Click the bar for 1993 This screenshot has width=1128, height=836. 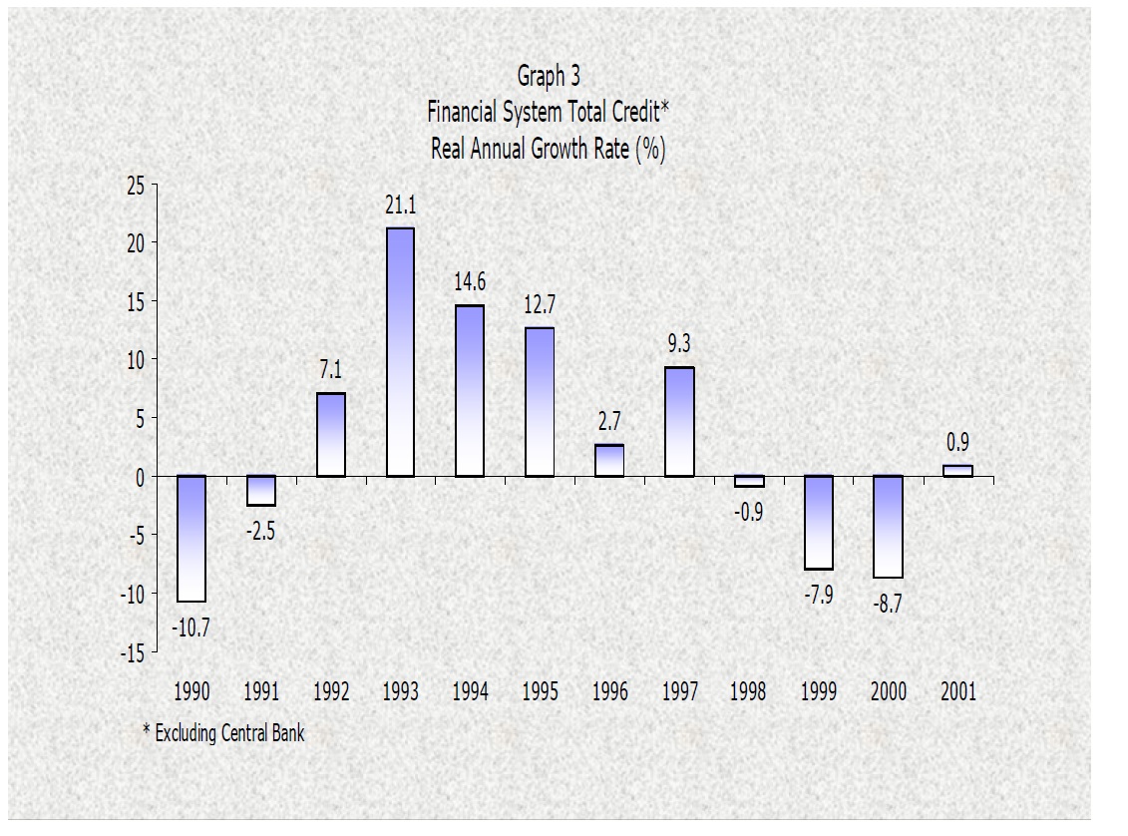(x=400, y=351)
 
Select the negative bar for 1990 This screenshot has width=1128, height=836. (x=191, y=539)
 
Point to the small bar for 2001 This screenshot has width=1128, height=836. (x=956, y=471)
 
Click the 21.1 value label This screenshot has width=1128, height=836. (x=400, y=207)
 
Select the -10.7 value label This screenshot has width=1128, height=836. (x=190, y=629)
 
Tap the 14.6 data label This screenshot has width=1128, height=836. (x=470, y=283)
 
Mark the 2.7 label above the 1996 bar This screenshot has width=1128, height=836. (x=608, y=422)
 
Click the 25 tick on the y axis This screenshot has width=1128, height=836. (x=135, y=186)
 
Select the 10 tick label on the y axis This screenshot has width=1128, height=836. (x=135, y=360)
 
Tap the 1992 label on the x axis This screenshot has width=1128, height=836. (x=330, y=692)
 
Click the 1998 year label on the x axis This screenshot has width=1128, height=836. (x=748, y=692)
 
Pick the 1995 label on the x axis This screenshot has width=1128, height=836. (x=540, y=692)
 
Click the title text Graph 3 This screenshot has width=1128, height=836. (x=549, y=76)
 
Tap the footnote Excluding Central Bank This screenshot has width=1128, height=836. (x=229, y=734)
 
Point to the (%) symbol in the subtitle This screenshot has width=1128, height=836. (x=650, y=150)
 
